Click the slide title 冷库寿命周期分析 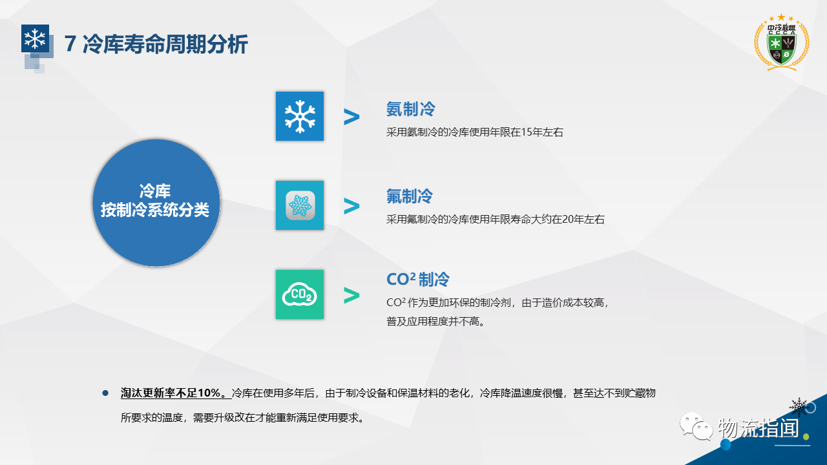tap(165, 45)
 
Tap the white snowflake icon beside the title tap(35, 38)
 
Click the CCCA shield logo tap(782, 43)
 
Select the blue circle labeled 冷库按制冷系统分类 tap(156, 203)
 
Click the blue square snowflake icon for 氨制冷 tap(300, 116)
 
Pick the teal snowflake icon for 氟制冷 tap(300, 205)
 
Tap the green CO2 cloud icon tap(300, 294)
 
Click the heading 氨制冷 tap(411, 109)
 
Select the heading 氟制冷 tap(410, 196)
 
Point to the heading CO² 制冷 tap(418, 280)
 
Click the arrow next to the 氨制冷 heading tap(351, 117)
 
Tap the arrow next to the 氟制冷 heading tap(351, 206)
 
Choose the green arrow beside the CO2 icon tap(351, 295)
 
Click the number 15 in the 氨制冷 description tap(527, 132)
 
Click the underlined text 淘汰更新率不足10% tap(176, 393)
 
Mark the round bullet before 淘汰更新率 tap(105, 393)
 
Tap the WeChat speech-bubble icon tap(696, 427)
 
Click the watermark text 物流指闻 tap(759, 428)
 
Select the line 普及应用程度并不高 tap(435, 322)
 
